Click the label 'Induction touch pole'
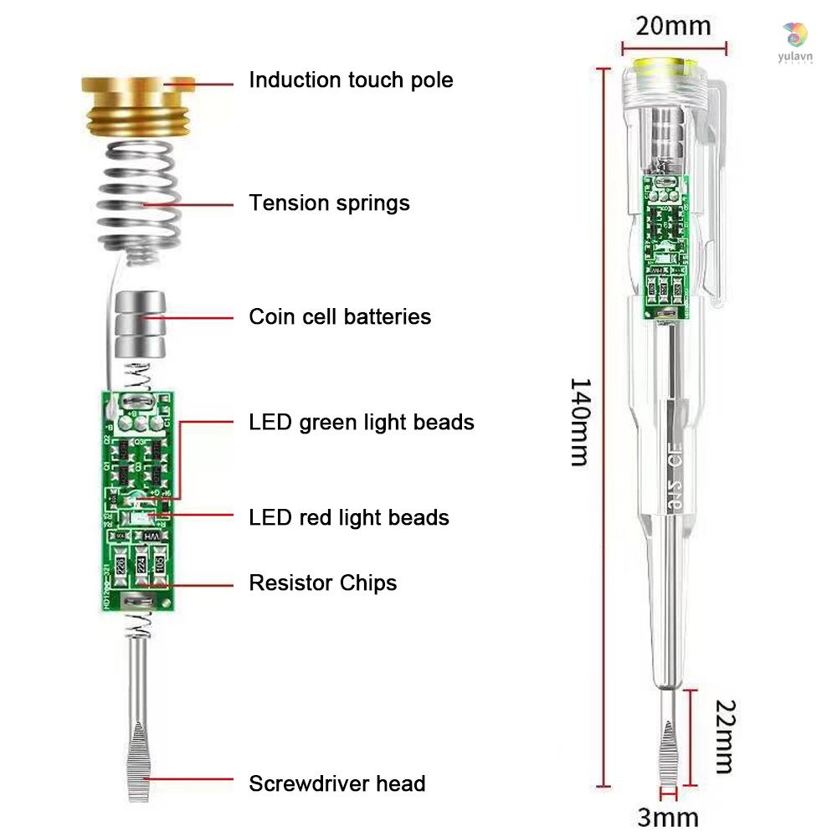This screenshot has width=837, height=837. [351, 80]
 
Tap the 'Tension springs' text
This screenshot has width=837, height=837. [329, 203]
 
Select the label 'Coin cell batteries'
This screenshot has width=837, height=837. [340, 317]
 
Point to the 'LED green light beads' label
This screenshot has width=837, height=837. [362, 423]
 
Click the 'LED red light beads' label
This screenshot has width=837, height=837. [349, 518]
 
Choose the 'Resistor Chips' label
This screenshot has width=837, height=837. [323, 583]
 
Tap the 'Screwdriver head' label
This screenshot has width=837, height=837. [337, 784]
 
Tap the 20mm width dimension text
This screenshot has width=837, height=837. [673, 25]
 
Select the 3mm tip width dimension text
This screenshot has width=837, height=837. [667, 816]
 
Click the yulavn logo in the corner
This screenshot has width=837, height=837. [794, 38]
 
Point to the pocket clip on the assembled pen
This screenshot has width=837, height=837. [708, 193]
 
